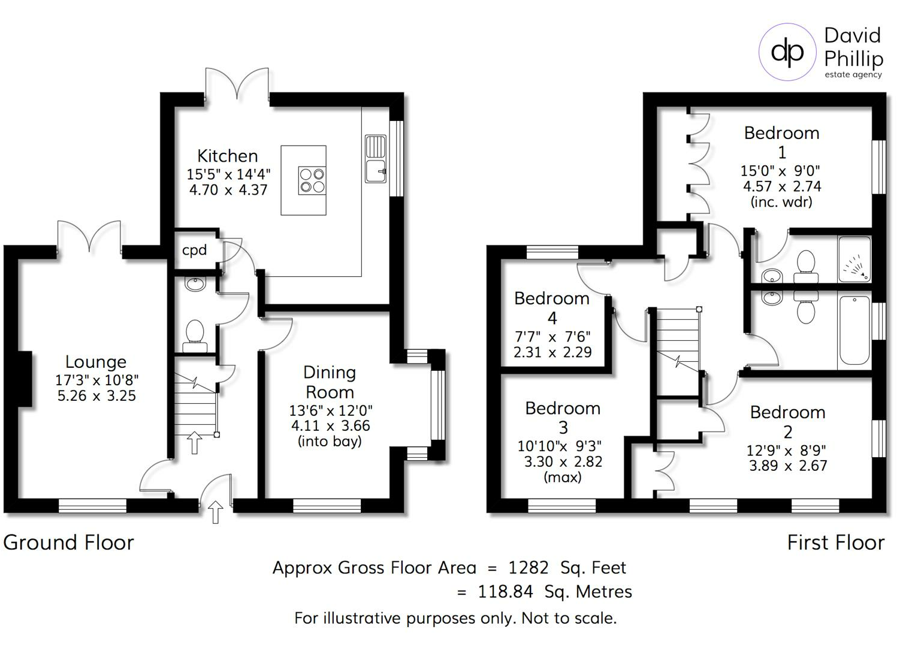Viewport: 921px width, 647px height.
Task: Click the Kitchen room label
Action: [x=228, y=156]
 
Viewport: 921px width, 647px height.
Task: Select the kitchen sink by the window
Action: [x=376, y=159]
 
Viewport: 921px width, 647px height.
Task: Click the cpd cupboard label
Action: [x=194, y=250]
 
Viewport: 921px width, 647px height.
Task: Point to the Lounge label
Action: [x=96, y=362]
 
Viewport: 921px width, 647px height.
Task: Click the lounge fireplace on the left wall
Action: [x=25, y=379]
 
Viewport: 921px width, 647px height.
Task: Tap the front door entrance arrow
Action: [x=216, y=513]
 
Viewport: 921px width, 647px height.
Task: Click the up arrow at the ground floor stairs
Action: [x=194, y=442]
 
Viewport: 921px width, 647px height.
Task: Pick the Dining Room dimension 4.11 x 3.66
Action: [x=330, y=426]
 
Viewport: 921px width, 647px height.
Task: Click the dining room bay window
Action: [x=439, y=405]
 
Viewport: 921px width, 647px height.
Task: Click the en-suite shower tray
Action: [x=854, y=259]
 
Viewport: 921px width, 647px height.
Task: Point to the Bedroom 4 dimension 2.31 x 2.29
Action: [x=552, y=352]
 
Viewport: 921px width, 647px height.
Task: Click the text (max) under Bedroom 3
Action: [x=562, y=477]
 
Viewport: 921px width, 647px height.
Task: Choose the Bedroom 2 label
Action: [x=787, y=421]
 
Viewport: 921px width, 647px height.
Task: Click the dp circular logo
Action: [x=787, y=52]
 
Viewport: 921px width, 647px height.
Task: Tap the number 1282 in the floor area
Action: [x=528, y=567]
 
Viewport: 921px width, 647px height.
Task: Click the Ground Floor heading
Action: [x=68, y=542]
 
